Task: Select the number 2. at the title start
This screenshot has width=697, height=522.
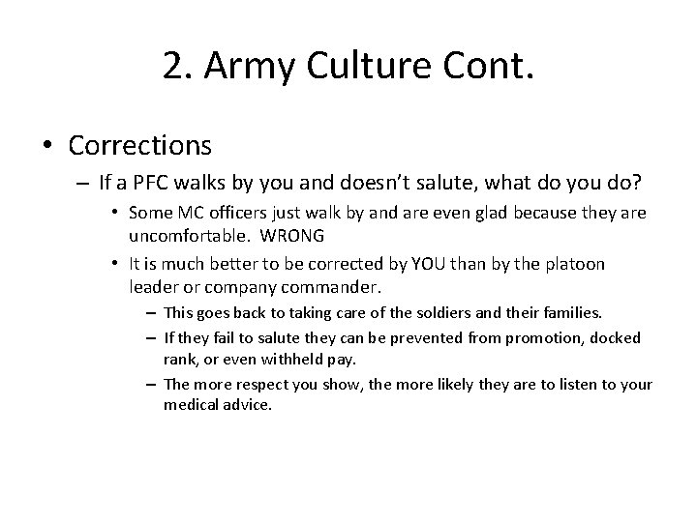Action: coord(179,67)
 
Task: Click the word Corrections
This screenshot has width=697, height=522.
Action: coord(139,145)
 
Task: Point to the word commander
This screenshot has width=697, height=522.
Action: coord(328,288)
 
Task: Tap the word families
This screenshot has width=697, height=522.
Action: coord(567,313)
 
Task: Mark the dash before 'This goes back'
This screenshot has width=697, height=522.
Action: coord(153,314)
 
